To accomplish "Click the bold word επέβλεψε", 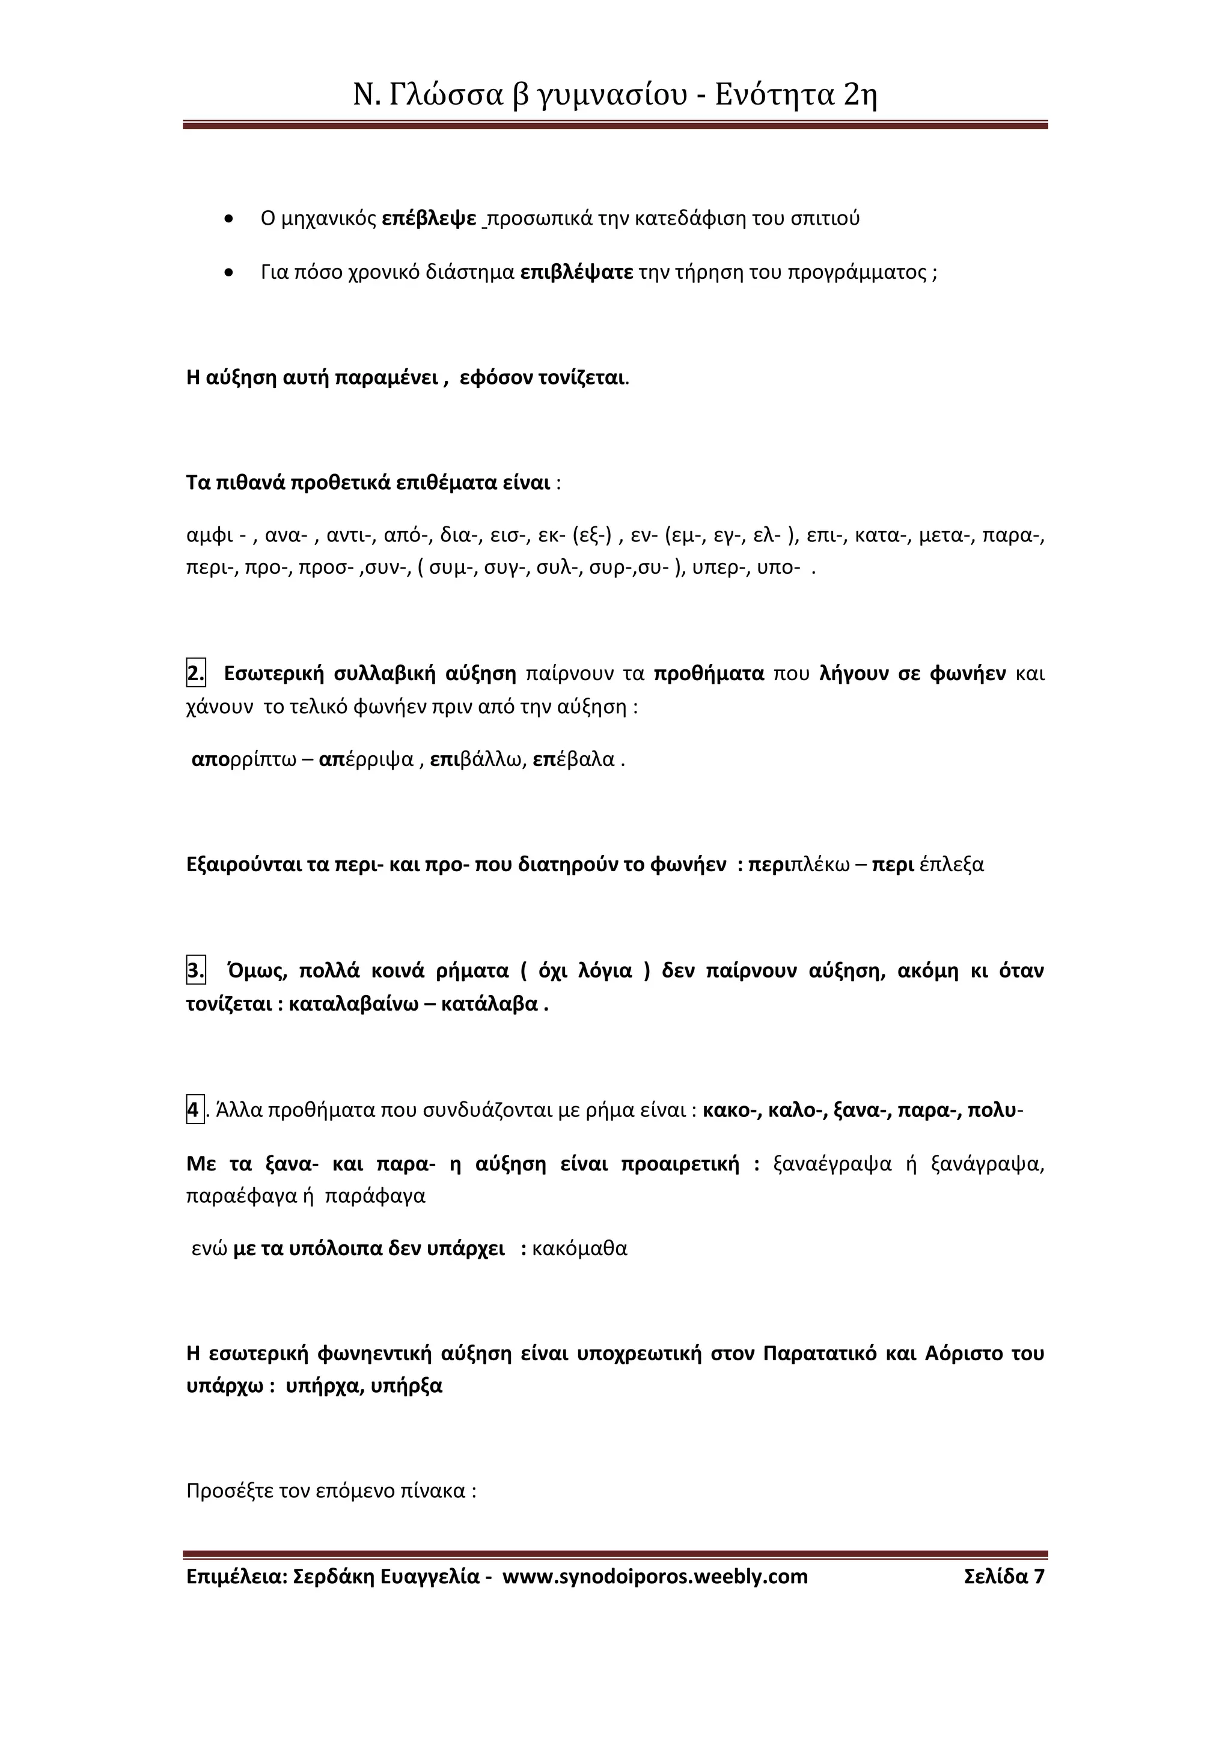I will [x=429, y=219].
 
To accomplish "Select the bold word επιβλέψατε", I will [x=577, y=272].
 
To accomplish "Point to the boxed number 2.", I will [x=195, y=673].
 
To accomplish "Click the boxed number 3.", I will [x=195, y=971].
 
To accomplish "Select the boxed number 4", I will [x=195, y=1111].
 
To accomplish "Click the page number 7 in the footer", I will [x=1039, y=1577].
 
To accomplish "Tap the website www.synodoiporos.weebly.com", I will [x=655, y=1577].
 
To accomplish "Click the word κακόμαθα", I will [x=580, y=1249].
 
